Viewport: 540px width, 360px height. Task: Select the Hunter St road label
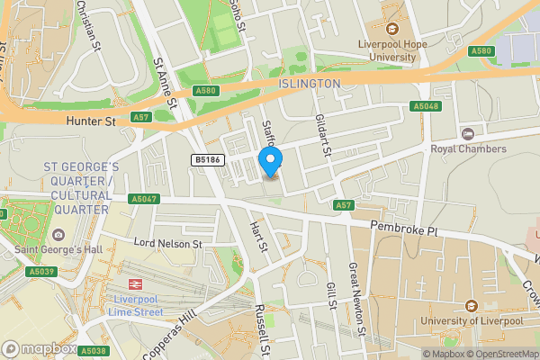click(x=92, y=119)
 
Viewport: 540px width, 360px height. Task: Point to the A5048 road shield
click(x=426, y=106)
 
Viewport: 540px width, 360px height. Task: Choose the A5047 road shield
click(x=144, y=199)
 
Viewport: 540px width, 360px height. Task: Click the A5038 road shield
click(x=93, y=351)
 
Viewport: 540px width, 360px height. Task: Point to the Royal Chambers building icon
click(x=466, y=133)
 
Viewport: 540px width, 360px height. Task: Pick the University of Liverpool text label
click(x=470, y=320)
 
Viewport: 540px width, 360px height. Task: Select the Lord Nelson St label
click(x=168, y=243)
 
